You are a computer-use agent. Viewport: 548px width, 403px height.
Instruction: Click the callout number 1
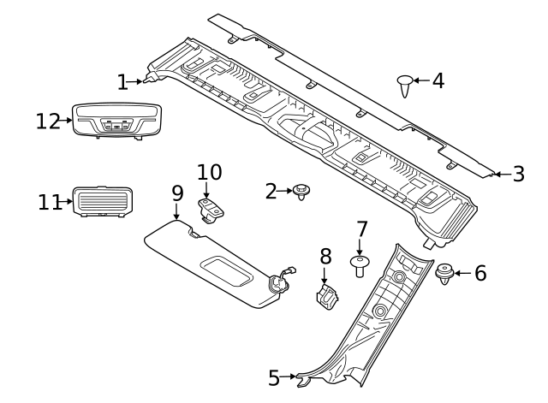(122, 82)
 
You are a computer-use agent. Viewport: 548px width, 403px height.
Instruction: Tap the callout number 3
(518, 175)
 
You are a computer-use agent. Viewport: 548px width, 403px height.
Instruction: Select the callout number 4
(438, 81)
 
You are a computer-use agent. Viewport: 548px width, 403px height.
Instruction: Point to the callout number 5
(274, 376)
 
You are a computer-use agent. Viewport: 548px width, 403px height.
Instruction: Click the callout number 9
(177, 193)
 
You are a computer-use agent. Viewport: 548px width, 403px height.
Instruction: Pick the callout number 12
(46, 121)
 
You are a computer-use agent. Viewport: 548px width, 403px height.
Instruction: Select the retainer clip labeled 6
(444, 275)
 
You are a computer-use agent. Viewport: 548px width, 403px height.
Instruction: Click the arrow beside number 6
(462, 274)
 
